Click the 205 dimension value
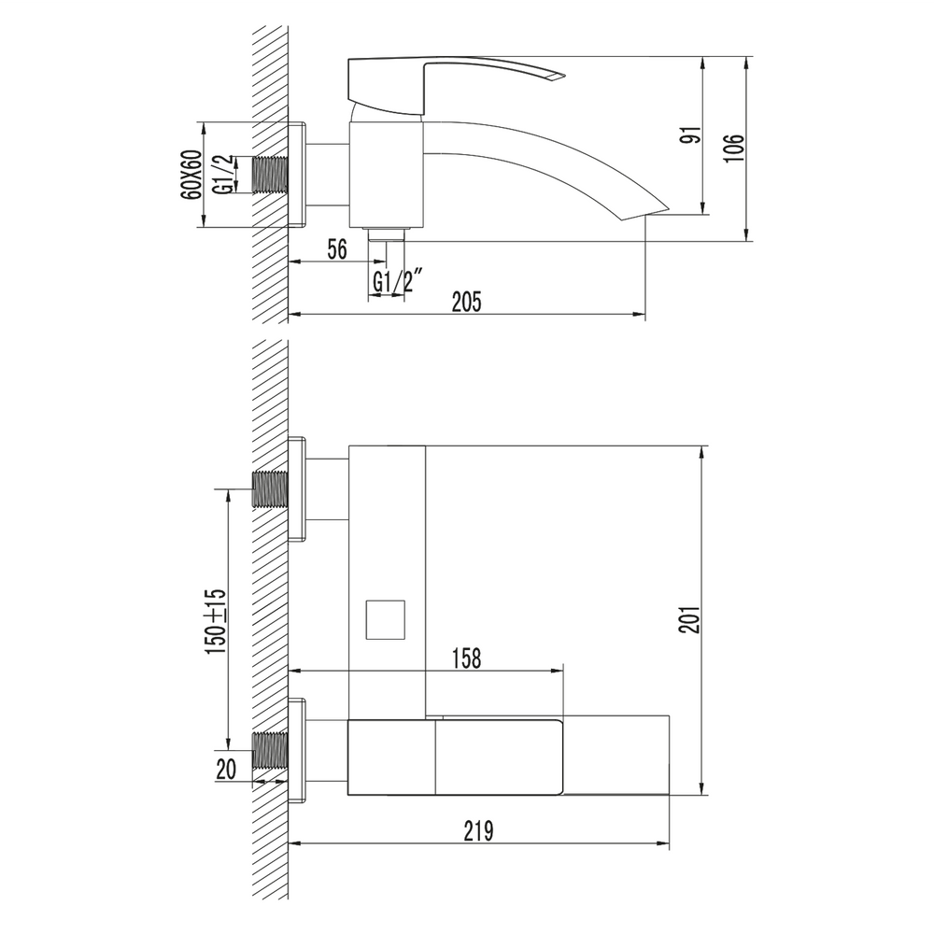466,302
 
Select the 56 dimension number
337,249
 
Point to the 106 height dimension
736,148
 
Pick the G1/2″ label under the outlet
398,281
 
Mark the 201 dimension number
690,620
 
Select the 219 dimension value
479,831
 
